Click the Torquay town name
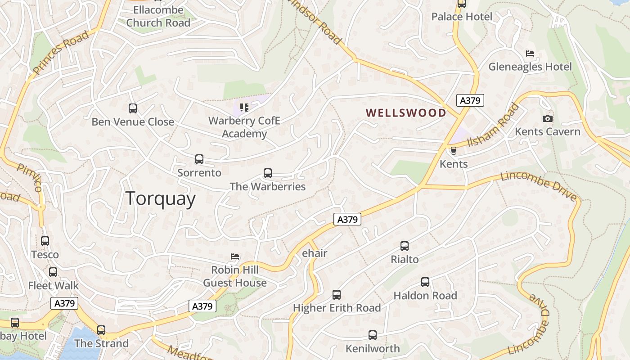tap(160, 198)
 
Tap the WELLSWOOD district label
tap(406, 113)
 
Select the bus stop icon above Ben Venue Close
tap(133, 108)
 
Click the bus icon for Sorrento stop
tap(199, 159)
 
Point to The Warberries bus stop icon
tap(268, 173)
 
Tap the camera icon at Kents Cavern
tap(547, 118)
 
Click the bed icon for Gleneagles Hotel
tap(530, 54)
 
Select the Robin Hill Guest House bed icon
tap(235, 256)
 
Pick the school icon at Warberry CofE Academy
tap(244, 107)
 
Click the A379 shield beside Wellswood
tap(470, 100)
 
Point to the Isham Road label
tap(493, 125)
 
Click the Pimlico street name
tap(30, 177)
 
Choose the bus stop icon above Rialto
tap(405, 246)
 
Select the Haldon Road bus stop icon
tap(425, 282)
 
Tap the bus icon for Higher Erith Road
tap(337, 295)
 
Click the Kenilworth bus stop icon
tap(373, 335)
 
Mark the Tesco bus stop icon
tap(45, 241)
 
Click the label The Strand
tap(101, 343)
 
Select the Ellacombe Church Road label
tap(158, 16)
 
